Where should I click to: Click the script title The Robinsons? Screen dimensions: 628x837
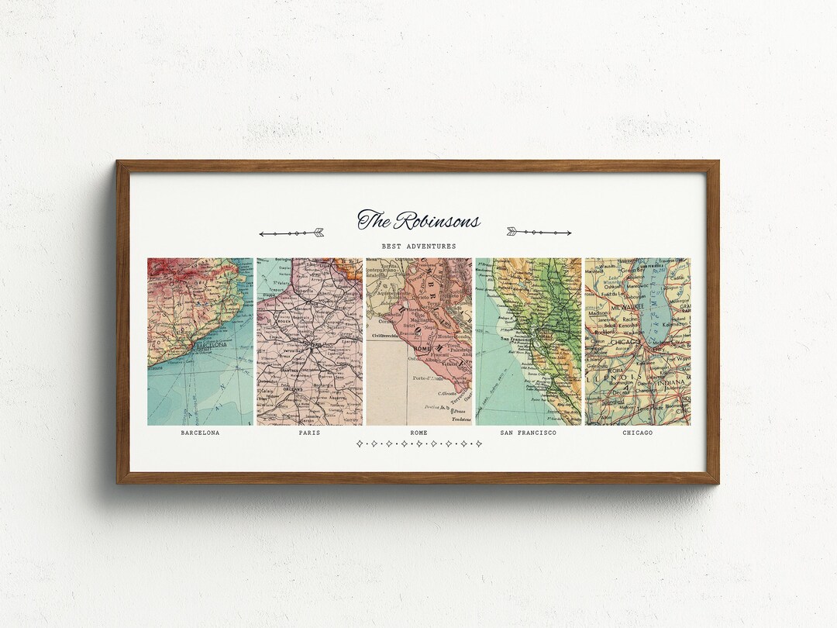[418, 221]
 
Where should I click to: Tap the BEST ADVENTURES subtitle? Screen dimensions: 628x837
[418, 247]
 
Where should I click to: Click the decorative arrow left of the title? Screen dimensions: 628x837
[291, 233]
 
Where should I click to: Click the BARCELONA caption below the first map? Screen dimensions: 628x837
[200, 433]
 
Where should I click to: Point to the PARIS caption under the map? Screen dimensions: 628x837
[309, 433]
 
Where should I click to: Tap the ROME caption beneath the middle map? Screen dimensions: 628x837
[418, 433]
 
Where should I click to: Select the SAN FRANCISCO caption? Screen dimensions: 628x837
[528, 433]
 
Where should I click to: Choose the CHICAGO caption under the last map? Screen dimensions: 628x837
[637, 433]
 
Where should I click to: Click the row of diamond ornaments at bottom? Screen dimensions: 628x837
[418, 444]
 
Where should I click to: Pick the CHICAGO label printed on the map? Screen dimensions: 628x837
[624, 342]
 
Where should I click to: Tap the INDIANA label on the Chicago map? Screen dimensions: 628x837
[671, 382]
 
